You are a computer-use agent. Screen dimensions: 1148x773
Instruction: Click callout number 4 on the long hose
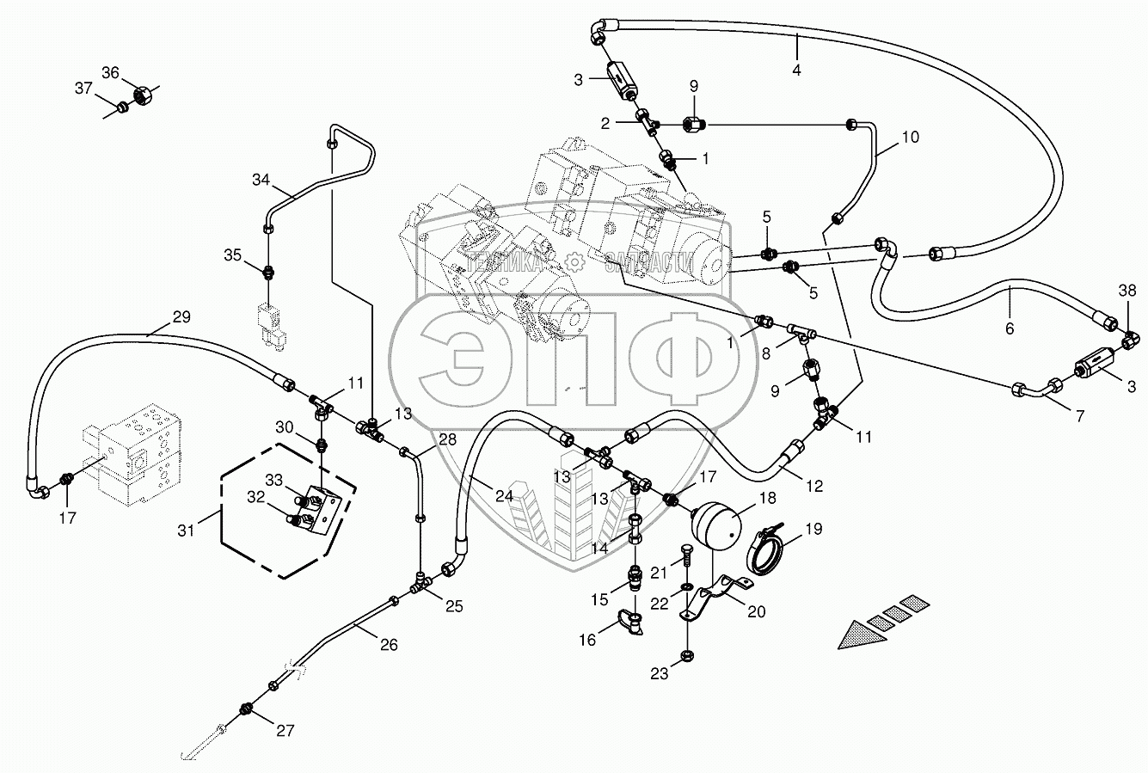pyautogui.click(x=796, y=71)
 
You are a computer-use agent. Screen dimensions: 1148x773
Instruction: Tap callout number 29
pyautogui.click(x=181, y=316)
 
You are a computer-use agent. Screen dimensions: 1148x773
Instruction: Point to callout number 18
pyautogui.click(x=767, y=499)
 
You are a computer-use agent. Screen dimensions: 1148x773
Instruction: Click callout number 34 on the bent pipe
pyautogui.click(x=261, y=179)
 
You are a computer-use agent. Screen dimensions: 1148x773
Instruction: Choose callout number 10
pyautogui.click(x=910, y=137)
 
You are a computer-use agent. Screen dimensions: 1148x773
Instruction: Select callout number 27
pyautogui.click(x=285, y=731)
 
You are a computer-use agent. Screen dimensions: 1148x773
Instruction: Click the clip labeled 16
pyautogui.click(x=632, y=623)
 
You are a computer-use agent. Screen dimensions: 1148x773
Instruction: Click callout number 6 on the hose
pyautogui.click(x=1009, y=328)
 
